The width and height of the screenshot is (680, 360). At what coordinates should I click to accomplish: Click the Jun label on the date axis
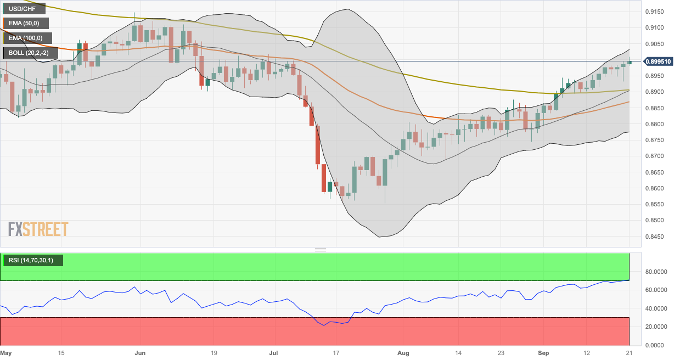141,353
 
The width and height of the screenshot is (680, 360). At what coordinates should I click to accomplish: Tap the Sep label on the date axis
544,353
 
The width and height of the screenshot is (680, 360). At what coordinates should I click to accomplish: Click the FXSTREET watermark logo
38,229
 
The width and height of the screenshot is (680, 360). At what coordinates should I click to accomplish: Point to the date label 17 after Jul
336,353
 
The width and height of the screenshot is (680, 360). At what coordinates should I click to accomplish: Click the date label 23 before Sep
501,353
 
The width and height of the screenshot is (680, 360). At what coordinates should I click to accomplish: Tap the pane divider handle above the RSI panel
321,250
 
